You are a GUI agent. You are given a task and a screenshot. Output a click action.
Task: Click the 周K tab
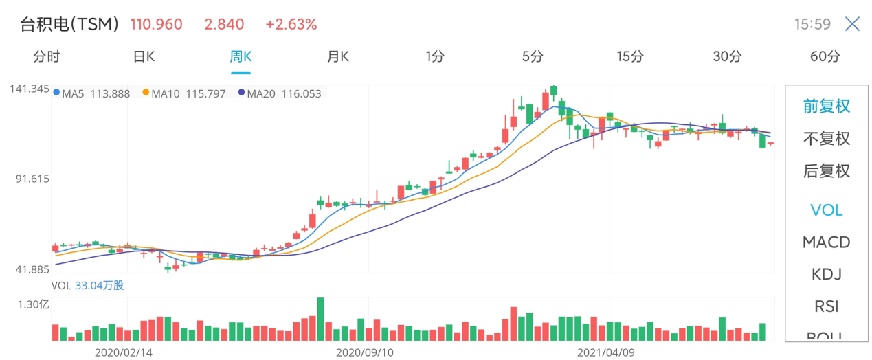point(241,57)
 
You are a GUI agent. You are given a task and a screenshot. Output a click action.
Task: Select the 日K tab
point(144,57)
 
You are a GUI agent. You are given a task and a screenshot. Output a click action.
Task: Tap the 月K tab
point(337,57)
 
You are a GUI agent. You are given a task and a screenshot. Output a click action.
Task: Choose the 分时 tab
point(47,57)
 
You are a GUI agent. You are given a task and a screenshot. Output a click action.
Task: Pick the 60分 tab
point(825,57)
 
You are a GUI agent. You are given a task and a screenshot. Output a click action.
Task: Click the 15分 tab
point(630,57)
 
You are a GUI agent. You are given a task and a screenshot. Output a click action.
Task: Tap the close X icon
point(852,24)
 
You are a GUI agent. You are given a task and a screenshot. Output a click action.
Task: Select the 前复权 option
point(827,106)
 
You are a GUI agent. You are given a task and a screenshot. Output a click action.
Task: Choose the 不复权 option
point(827,139)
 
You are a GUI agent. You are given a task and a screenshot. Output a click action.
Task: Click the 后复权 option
point(827,171)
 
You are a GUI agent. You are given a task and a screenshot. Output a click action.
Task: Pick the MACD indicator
point(827,243)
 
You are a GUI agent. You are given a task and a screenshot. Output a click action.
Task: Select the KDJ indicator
point(827,275)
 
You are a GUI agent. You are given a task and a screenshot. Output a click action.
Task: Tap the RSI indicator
point(827,306)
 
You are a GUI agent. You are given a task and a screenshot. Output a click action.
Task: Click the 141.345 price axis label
point(30,89)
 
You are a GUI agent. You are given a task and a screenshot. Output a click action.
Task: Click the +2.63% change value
point(291,25)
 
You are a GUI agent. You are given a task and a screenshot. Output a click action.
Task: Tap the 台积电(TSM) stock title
point(69,25)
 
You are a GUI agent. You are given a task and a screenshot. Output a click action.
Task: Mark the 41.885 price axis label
point(32,269)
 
